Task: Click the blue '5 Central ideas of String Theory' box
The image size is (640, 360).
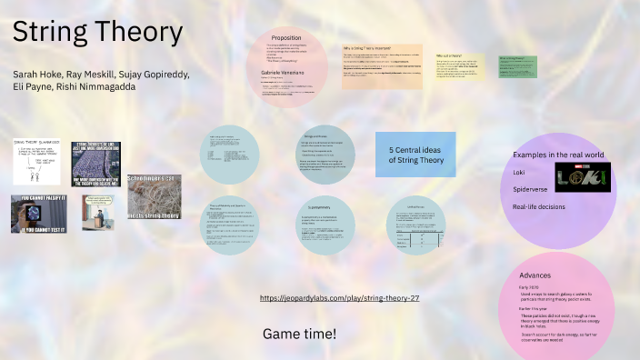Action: point(415,154)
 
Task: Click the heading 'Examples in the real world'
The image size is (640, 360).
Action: point(556,155)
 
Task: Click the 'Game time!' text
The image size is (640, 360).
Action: point(299,334)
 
